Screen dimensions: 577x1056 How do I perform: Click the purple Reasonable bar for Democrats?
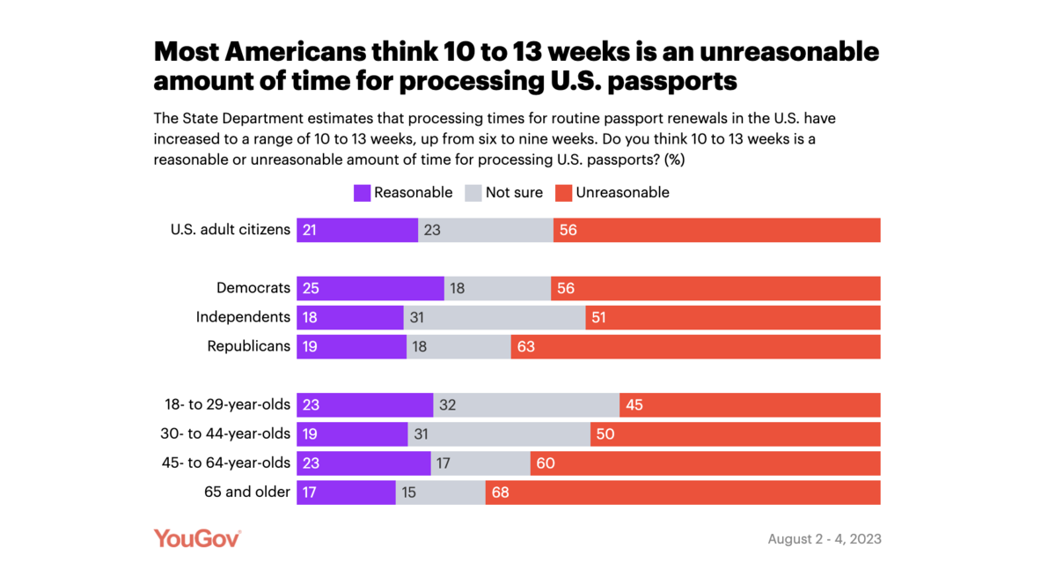coord(370,288)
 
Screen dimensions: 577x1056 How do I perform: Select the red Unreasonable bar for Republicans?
coord(695,346)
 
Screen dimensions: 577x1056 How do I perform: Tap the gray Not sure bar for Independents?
coord(495,317)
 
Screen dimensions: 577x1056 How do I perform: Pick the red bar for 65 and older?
coord(682,492)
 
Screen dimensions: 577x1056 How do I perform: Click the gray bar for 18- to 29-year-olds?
coord(526,405)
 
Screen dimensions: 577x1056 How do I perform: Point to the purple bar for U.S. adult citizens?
coord(356,230)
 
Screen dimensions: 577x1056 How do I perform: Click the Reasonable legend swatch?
coord(362,193)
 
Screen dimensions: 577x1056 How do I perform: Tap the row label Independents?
coord(243,317)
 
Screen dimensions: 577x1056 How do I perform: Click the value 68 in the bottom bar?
coord(500,492)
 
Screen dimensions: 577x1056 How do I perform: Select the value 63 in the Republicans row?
coord(525,346)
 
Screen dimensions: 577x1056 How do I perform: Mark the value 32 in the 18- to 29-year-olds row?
coord(448,405)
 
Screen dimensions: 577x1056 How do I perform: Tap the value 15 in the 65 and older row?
coord(408,492)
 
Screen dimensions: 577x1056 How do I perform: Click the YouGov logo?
coord(197,538)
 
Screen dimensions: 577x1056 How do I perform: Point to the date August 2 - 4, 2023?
coord(824,539)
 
